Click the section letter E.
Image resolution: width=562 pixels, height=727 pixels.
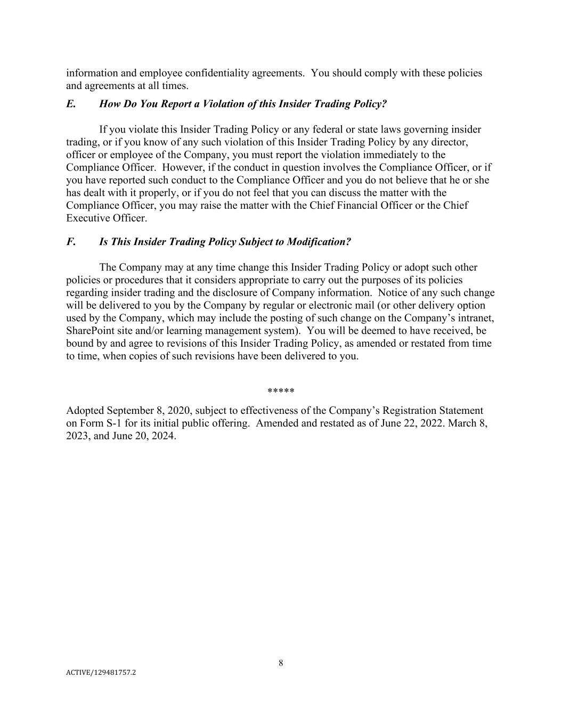pos(70,104)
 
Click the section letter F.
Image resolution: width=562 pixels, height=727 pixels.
pos(70,242)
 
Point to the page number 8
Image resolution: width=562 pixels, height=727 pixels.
pos(281,663)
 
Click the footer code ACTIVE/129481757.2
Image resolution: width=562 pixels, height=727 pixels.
pos(101,673)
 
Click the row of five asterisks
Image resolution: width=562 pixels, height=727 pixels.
pos(281,391)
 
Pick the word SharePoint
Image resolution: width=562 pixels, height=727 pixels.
pos(89,331)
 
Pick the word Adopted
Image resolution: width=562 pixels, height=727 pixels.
pos(85,411)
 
